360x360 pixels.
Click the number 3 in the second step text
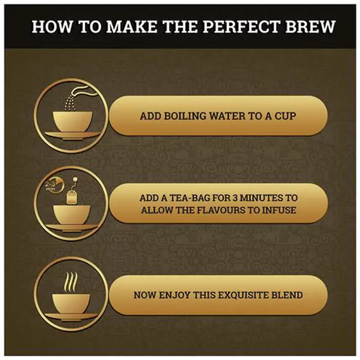(239, 198)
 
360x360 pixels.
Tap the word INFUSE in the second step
(281, 210)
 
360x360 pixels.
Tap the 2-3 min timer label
(50, 184)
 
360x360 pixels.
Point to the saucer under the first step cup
(70, 135)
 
